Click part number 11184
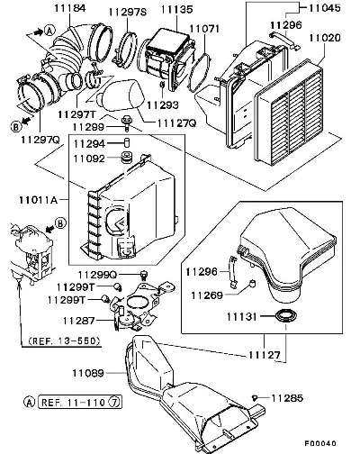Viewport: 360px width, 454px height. point(70,8)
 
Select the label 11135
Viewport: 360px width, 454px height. point(176,9)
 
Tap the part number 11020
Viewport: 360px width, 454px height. point(325,38)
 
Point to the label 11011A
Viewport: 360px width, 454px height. point(38,200)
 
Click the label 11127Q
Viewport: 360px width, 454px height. point(176,123)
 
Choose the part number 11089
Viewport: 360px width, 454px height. point(88,373)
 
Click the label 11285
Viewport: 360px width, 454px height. point(287,398)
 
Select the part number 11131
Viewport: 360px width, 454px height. point(241,316)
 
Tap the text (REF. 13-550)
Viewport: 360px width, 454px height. point(64,340)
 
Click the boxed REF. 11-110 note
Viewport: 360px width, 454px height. point(80,402)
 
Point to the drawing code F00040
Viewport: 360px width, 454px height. point(320,443)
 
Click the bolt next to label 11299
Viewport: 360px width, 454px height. point(126,123)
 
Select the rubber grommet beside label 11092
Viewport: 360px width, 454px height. point(126,158)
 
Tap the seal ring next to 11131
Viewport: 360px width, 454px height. point(287,316)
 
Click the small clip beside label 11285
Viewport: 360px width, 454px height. point(255,398)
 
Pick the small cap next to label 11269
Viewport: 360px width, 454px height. point(253,283)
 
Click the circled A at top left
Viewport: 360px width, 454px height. point(49,31)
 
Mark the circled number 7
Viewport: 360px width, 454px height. point(114,402)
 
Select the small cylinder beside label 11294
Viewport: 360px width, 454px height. point(127,142)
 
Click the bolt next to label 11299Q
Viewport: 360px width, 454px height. point(144,275)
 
